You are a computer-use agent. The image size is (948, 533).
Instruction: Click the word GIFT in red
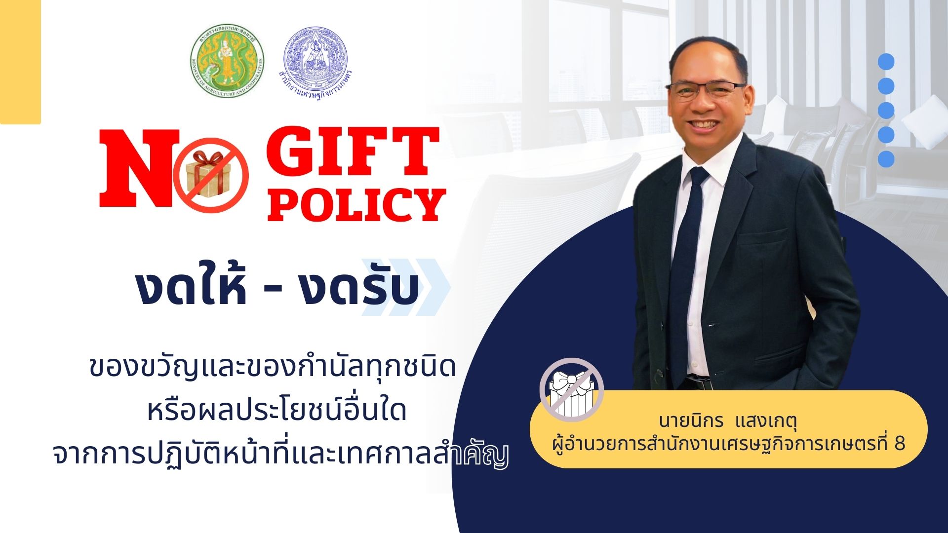tap(354, 151)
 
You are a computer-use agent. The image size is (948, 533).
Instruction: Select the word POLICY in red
tap(356, 204)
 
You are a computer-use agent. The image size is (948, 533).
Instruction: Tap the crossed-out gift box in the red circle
tap(211, 175)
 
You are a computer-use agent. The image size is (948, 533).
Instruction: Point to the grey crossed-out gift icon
tap(571, 389)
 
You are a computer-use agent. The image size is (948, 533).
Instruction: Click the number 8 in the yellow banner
tap(900, 444)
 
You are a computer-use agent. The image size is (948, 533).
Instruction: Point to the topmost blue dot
tap(886, 61)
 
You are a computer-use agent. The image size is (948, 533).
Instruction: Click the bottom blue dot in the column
tap(886, 159)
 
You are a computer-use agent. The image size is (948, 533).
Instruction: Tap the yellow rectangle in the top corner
tap(20, 62)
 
